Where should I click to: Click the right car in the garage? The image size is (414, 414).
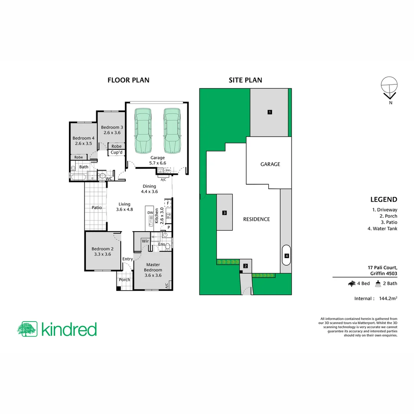172,130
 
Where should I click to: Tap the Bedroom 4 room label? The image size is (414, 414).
84,141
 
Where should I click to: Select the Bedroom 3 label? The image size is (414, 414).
112,130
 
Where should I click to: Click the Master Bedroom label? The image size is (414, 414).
153,270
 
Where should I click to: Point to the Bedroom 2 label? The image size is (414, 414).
102,251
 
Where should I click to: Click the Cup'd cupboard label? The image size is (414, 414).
117,153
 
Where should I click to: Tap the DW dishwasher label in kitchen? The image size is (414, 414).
150,213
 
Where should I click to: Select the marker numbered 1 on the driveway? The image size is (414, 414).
270,112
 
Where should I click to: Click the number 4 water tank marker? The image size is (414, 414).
286,256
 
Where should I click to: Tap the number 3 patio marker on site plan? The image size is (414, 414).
224,213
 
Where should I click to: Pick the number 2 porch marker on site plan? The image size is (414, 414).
246,266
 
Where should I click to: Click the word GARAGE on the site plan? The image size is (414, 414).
270,164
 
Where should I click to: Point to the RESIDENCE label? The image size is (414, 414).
256,219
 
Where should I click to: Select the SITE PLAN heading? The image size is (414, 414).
245,80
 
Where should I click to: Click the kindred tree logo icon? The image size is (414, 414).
27,329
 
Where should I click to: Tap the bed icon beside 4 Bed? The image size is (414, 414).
351,284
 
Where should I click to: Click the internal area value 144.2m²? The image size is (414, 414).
388,298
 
